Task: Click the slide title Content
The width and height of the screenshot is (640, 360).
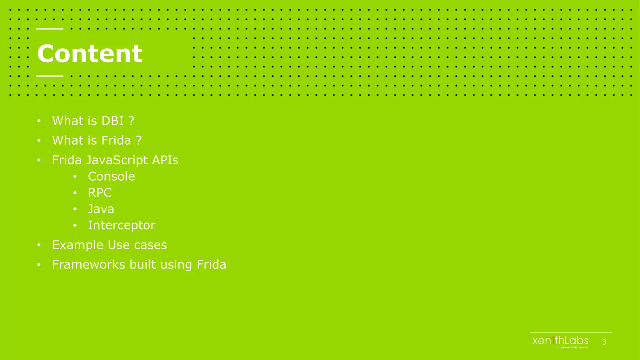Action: point(90,53)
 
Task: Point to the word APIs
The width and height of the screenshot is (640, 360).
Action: point(165,160)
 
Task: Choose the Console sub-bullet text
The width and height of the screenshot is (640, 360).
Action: point(111,177)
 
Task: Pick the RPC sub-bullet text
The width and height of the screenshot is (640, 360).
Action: point(100,193)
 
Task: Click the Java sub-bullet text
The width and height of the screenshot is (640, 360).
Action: point(101,209)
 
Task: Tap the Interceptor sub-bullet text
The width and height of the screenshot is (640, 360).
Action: point(122,225)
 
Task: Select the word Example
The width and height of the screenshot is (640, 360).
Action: point(77,245)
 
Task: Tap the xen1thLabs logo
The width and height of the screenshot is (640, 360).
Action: point(560,341)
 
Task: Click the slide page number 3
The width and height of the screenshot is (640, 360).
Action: point(604,342)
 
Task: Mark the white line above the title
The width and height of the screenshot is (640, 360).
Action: point(50,29)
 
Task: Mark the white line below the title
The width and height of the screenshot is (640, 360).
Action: point(50,76)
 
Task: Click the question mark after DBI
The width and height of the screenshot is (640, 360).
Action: point(132,121)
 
